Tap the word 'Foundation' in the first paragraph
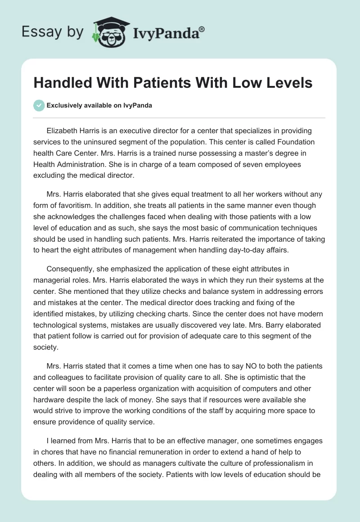pyautogui.click(x=293, y=142)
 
